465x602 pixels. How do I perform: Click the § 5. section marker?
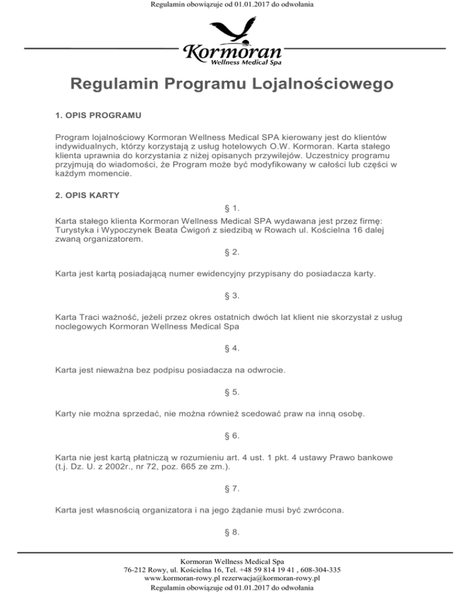pyautogui.click(x=232, y=392)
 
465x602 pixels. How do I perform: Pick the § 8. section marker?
pyautogui.click(x=232, y=532)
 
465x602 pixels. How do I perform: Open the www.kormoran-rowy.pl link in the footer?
pyautogui.click(x=182, y=578)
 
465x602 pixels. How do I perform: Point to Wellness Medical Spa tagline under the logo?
pyautogui.click(x=245, y=61)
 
